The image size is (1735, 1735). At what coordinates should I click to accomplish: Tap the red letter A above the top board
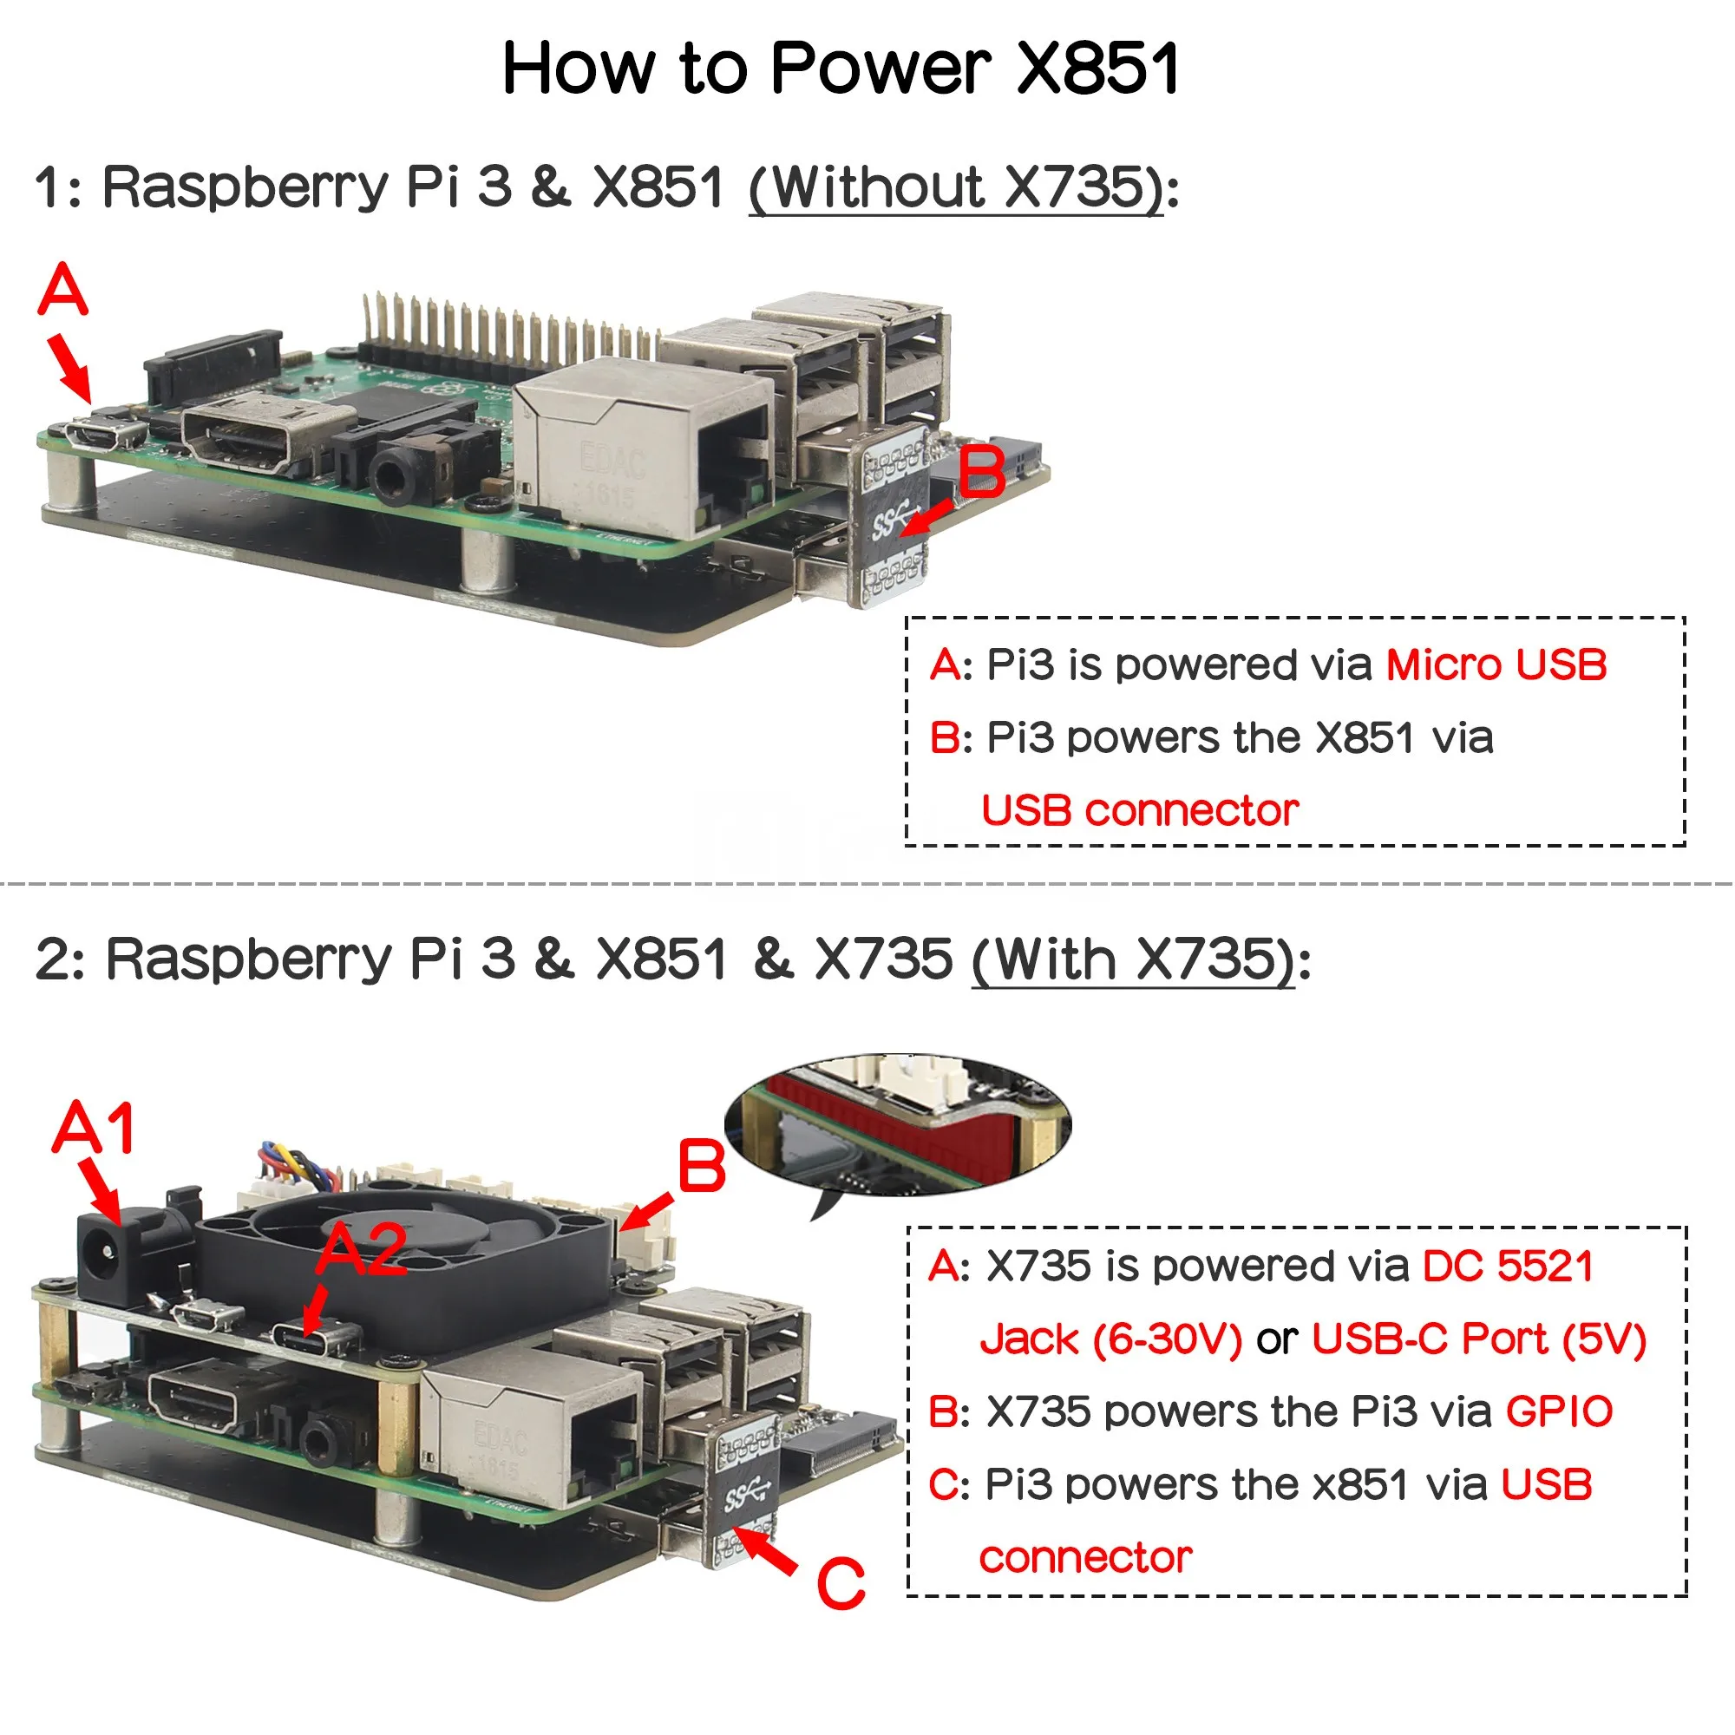(x=62, y=289)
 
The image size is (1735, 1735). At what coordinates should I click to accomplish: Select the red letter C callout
(x=841, y=1583)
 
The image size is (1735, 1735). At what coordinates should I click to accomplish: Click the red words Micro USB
(x=1496, y=665)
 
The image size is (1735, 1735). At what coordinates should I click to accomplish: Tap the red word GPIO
(x=1559, y=1411)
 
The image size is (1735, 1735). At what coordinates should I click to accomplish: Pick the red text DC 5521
(x=1509, y=1267)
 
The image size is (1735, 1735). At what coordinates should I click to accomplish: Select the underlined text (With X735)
(x=1133, y=959)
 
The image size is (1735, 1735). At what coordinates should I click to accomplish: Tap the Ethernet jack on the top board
(x=642, y=444)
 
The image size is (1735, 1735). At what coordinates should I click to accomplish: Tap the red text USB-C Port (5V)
(x=1478, y=1339)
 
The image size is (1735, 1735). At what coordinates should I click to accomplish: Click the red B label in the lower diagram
(x=701, y=1167)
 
